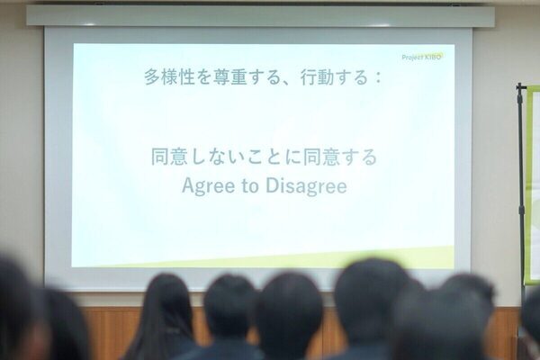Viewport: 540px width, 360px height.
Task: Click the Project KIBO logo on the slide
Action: pyautogui.click(x=422, y=57)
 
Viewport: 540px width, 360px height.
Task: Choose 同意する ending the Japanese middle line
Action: pyautogui.click(x=346, y=157)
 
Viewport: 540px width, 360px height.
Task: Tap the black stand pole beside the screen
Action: pyautogui.click(x=521, y=180)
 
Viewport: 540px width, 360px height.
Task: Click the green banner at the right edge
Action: pyautogui.click(x=533, y=180)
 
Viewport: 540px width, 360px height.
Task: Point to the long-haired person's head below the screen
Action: pyautogui.click(x=163, y=306)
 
